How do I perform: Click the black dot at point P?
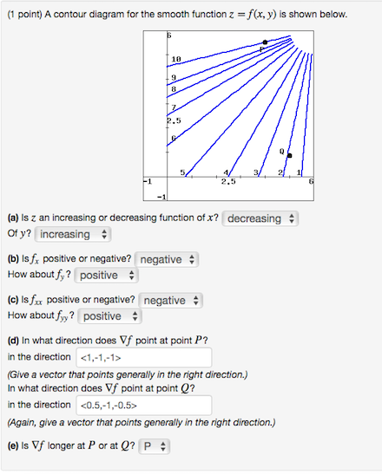click(265, 42)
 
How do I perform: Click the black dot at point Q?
click(289, 156)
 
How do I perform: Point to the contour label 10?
click(175, 59)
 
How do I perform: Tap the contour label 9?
click(173, 77)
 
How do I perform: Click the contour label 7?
click(173, 107)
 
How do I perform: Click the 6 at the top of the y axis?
click(170, 33)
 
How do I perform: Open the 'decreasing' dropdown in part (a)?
click(260, 219)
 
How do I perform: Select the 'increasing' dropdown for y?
click(73, 235)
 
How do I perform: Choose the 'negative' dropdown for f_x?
click(168, 259)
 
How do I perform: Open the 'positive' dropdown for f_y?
click(106, 275)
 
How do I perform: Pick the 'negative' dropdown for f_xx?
click(170, 300)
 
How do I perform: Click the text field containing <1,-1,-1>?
click(144, 357)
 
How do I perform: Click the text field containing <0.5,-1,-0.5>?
click(144, 405)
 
